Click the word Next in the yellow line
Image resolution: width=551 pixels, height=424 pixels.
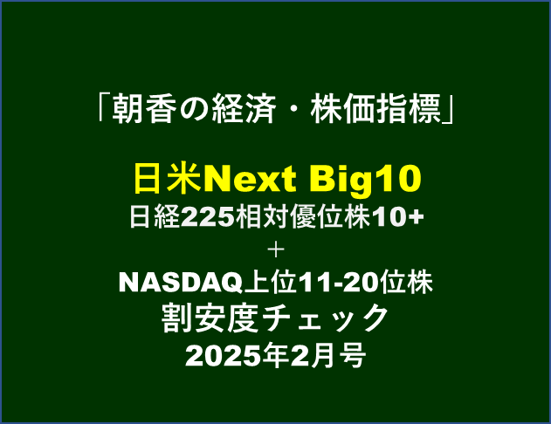250,179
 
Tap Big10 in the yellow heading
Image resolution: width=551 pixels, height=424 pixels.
365,180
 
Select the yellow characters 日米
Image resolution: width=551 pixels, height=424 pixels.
168,179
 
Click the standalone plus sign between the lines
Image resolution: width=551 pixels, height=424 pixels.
276,250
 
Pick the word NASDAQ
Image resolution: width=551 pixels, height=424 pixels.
181,283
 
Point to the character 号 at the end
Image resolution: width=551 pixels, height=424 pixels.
353,355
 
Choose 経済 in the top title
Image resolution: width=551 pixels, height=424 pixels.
244,109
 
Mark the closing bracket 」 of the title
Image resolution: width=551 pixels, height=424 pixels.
448,110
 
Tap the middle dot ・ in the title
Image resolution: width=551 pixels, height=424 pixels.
293,110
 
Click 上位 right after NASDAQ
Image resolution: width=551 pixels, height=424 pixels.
271,282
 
